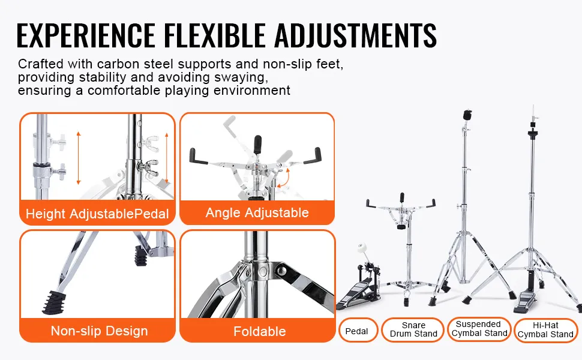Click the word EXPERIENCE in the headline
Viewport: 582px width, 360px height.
coord(86,35)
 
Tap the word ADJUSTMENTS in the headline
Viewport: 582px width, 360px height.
coord(355,35)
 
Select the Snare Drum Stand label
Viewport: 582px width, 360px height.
coord(413,329)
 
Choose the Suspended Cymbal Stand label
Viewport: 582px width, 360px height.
coord(479,329)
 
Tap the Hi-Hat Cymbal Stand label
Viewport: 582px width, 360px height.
coord(545,330)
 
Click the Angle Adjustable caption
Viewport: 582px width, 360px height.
coord(257,212)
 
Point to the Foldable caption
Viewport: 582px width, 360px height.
coord(259,331)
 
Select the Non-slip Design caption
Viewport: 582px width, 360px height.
coord(99,331)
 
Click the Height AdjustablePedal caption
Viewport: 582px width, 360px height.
coord(97,214)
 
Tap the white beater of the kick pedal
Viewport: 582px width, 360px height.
coord(362,248)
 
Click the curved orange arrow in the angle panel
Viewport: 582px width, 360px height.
coord(283,179)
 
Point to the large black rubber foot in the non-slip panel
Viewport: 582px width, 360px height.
coord(54,301)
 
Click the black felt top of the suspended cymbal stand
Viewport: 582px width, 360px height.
coord(467,115)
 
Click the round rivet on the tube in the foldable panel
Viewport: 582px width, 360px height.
coord(262,270)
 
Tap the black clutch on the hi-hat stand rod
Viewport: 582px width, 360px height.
coord(533,133)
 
